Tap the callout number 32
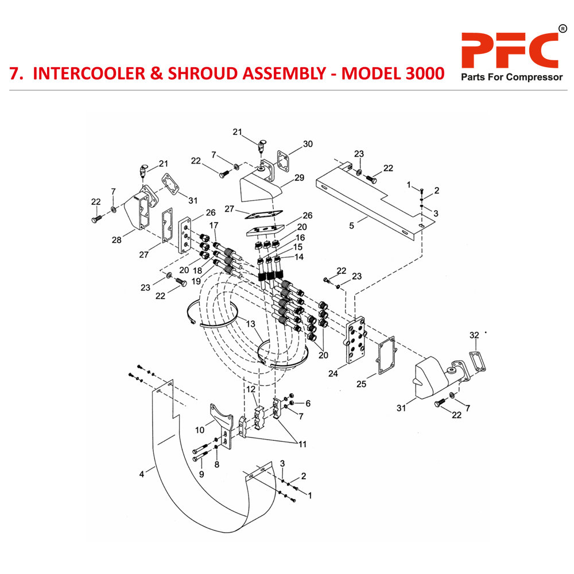pos(474,335)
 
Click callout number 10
pos(199,429)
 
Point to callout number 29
pos(298,178)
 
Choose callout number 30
pos(308,144)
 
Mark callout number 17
pos(214,224)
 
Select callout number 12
pos(250,390)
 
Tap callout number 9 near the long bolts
pos(201,474)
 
